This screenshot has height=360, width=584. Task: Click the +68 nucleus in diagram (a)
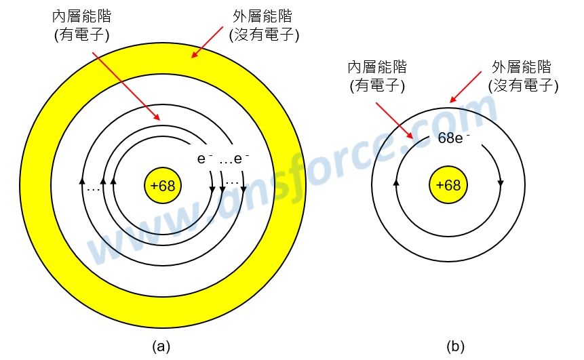pyautogui.click(x=163, y=186)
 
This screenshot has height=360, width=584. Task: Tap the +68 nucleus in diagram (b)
pyautogui.click(x=448, y=186)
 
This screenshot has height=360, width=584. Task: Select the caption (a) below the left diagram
pyautogui.click(x=161, y=346)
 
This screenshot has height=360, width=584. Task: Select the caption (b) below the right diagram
pyautogui.click(x=456, y=346)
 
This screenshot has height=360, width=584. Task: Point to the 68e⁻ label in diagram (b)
pyautogui.click(x=454, y=139)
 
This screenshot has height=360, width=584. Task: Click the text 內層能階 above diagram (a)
pyautogui.click(x=82, y=16)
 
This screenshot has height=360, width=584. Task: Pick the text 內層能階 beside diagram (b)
pyautogui.click(x=377, y=67)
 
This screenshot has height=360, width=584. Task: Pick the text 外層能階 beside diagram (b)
pyautogui.click(x=521, y=67)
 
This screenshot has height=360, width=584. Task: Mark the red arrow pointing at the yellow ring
pyautogui.click(x=206, y=43)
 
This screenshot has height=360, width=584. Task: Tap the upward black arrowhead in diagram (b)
pyautogui.click(x=396, y=183)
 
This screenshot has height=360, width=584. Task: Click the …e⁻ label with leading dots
pyautogui.click(x=234, y=160)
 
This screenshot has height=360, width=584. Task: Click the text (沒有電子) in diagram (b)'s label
pyautogui.click(x=523, y=86)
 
